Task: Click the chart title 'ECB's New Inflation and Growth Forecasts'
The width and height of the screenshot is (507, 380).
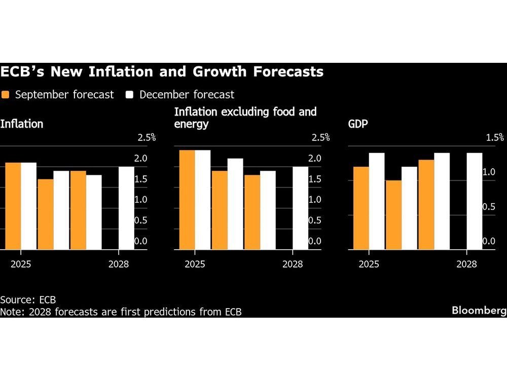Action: coord(162,72)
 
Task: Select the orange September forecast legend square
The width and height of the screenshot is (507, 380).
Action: coord(6,95)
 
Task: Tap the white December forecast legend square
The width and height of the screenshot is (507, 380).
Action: coord(130,95)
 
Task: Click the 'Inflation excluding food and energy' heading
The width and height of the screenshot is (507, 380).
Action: coord(245,118)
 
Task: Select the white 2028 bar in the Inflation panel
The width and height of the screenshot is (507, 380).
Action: coord(127,208)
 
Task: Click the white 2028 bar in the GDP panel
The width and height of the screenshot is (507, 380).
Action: coord(474,201)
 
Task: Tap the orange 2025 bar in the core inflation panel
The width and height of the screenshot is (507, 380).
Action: coord(187,200)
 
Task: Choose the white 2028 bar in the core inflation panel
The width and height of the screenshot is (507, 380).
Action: coord(300,208)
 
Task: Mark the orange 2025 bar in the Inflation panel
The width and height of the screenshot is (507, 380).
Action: coord(13,206)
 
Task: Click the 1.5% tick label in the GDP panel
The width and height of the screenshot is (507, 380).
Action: coord(494,137)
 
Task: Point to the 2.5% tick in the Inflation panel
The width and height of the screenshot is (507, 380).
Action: coord(147,137)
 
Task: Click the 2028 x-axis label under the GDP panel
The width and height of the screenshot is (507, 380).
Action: coord(466,264)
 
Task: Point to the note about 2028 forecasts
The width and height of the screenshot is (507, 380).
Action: coord(121,312)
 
